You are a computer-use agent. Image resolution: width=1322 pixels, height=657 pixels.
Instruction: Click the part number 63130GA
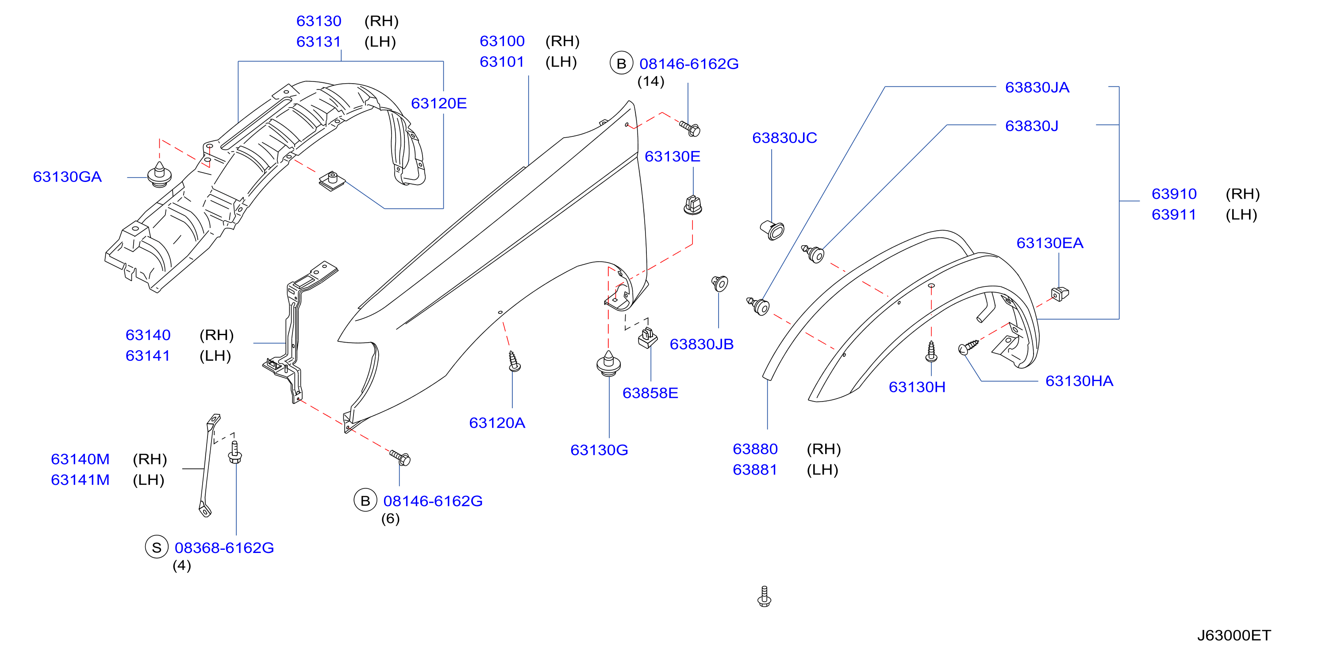67,177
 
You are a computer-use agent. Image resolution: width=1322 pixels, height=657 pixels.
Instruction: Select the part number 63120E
439,103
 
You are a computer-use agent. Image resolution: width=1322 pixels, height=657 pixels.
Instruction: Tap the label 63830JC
784,138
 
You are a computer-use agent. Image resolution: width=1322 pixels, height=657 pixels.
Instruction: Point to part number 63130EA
1049,243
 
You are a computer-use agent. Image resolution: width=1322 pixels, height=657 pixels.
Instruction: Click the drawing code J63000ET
1234,635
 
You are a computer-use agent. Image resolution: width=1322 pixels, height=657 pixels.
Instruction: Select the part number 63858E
650,393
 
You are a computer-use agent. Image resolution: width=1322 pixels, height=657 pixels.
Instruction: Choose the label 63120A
497,423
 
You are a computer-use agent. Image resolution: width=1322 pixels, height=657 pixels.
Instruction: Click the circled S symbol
157,548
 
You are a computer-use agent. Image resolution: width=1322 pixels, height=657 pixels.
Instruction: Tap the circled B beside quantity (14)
621,64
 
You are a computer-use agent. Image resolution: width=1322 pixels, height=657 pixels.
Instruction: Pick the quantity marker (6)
390,518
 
